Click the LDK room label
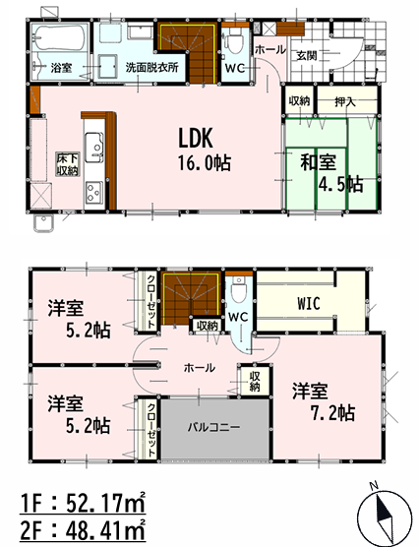coord(196,138)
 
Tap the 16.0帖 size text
coord(205,163)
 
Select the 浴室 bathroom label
coord(61,68)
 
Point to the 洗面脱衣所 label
coord(152,67)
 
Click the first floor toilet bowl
coord(235,42)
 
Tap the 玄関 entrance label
coord(307,55)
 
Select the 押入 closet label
coord(345,102)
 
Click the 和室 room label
coord(318,162)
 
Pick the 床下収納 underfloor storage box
coord(68,164)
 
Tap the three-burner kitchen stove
coord(93,192)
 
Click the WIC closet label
coord(309,303)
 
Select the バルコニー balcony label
coord(214,427)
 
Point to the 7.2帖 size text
coord(332,413)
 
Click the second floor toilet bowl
coord(239,289)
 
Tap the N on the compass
coord(375,485)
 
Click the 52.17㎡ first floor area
coord(105,504)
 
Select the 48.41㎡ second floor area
coord(105,531)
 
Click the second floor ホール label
coord(200,367)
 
